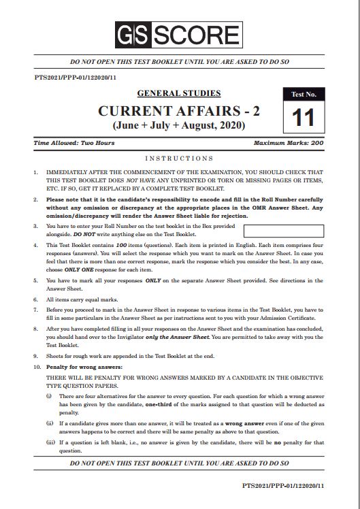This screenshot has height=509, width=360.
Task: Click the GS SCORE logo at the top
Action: [x=180, y=31]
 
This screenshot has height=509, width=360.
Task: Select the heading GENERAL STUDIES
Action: [x=179, y=93]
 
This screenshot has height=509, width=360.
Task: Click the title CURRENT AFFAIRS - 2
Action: [x=180, y=111]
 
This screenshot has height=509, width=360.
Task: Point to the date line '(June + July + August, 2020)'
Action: [x=180, y=127]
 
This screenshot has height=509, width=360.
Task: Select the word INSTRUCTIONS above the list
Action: [x=180, y=158]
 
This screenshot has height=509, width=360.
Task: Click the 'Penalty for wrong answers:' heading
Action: [x=78, y=367]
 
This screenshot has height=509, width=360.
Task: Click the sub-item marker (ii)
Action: [x=49, y=422]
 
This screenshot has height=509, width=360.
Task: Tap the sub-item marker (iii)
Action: [x=50, y=442]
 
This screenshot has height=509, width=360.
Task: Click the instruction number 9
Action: [x=36, y=355]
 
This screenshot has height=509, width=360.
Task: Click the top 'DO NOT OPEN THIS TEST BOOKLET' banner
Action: [x=180, y=61]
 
